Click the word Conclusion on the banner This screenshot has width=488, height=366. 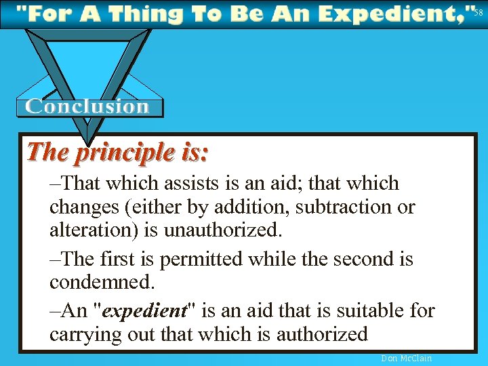87,106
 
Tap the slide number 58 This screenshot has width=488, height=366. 478,12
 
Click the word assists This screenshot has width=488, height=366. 207,183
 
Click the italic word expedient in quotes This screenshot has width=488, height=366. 145,310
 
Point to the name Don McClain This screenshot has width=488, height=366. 407,358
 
